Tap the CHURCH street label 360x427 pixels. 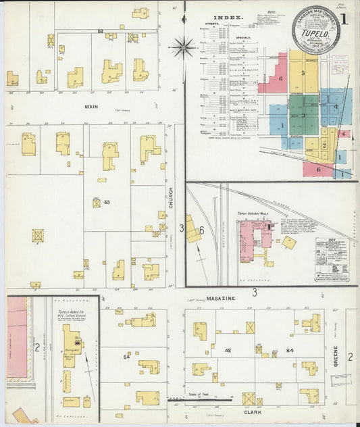click(171, 197)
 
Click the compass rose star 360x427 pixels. click(182, 47)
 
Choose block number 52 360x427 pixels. click(101, 32)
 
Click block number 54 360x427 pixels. click(126, 357)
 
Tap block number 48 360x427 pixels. click(228, 350)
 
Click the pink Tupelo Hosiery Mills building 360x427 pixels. click(253, 240)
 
